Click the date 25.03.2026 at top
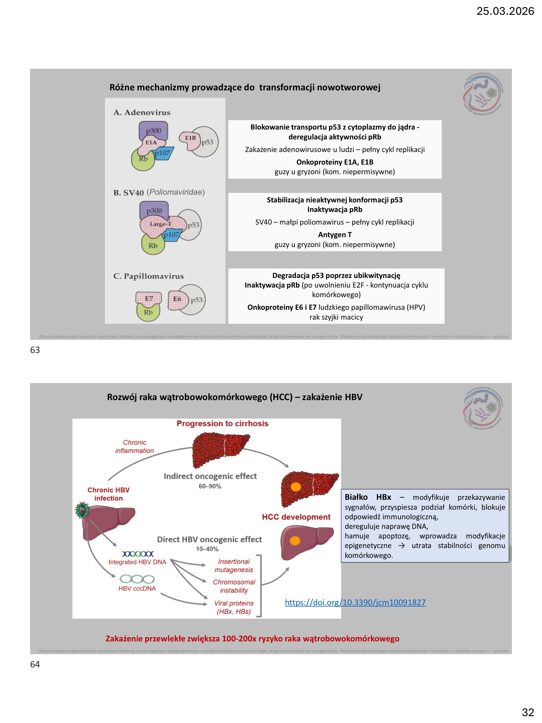505,11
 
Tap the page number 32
527,712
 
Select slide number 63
35,350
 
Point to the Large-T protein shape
160,225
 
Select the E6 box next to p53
177,299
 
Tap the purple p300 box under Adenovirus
153,130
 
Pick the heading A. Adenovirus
142,113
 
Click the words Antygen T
335,235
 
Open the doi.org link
355,602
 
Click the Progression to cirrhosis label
222,424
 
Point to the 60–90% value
210,486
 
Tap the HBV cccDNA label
137,589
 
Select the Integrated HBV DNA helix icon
137,554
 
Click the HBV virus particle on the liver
82,510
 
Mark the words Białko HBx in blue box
368,497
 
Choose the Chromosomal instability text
234,586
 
